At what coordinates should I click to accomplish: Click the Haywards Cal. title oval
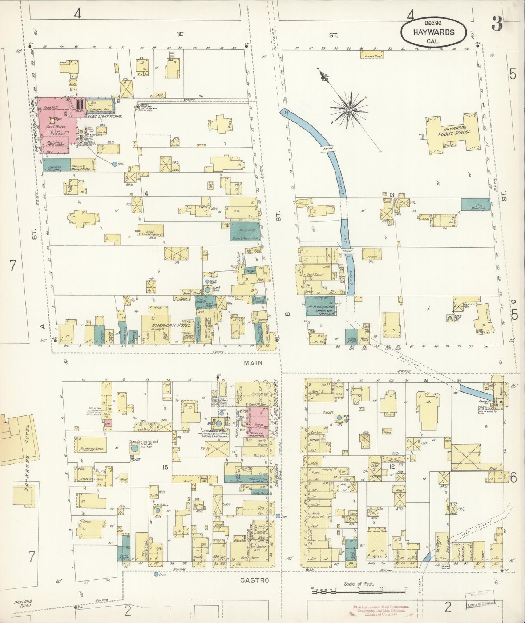point(433,32)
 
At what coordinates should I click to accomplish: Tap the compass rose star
point(349,109)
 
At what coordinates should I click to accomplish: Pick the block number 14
point(145,193)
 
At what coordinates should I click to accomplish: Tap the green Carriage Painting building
point(56,165)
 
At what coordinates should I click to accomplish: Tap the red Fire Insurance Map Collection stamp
point(380,610)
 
